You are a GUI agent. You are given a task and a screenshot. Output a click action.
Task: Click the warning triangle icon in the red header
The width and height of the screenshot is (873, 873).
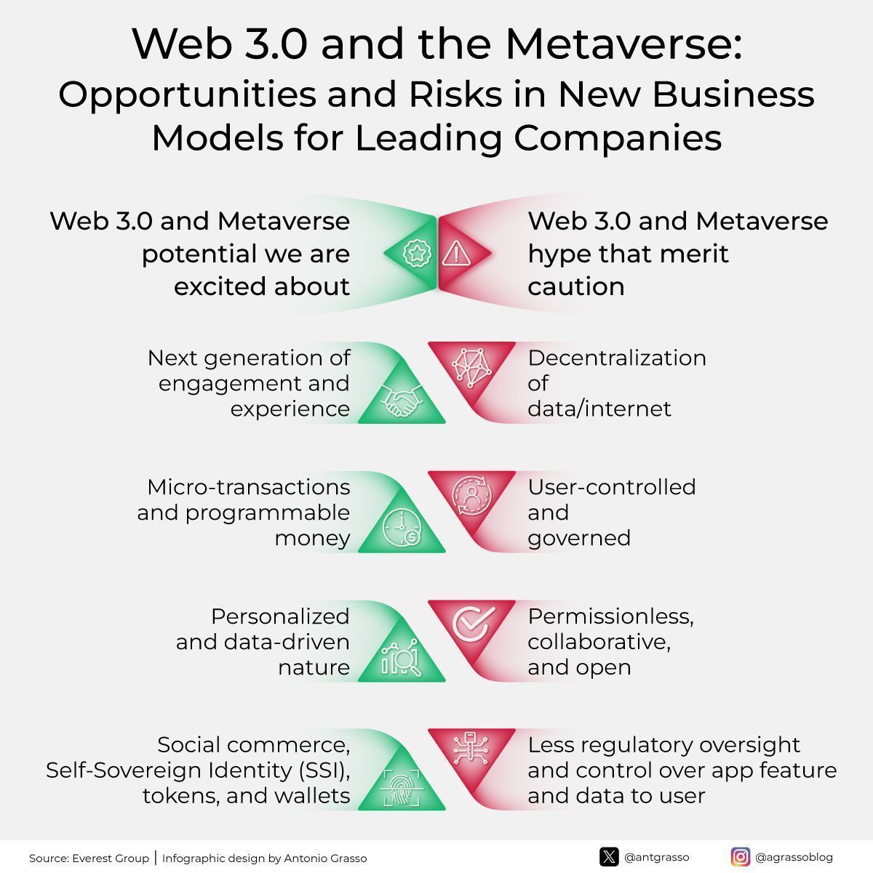pyautogui.click(x=456, y=253)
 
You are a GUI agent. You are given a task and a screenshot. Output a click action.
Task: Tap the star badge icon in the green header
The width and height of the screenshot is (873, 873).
pyautogui.click(x=416, y=253)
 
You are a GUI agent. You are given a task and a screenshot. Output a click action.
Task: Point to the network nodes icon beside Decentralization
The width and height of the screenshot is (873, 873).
pyautogui.click(x=472, y=367)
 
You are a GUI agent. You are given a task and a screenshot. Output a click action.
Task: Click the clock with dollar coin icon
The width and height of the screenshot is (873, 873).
pyautogui.click(x=402, y=527)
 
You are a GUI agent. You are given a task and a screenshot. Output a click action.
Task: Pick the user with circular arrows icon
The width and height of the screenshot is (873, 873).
pyautogui.click(x=471, y=496)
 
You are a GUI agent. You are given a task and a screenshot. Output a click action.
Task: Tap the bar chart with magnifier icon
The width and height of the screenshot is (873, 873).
pyautogui.click(x=401, y=657)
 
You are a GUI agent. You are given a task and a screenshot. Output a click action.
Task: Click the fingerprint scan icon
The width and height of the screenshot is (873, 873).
pyautogui.click(x=402, y=788)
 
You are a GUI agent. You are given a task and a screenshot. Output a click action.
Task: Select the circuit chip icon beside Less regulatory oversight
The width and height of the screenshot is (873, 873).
pyautogui.click(x=471, y=749)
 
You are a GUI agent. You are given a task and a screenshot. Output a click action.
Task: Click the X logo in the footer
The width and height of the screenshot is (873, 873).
pyautogui.click(x=609, y=857)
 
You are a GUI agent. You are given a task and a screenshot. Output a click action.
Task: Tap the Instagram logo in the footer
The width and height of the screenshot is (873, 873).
pyautogui.click(x=740, y=857)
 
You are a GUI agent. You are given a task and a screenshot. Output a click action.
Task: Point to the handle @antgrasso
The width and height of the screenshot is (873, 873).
pyautogui.click(x=657, y=857)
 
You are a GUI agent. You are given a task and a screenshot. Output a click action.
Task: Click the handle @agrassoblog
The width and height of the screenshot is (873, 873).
pyautogui.click(x=794, y=857)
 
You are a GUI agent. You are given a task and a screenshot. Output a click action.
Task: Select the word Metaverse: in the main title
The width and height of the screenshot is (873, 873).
pyautogui.click(x=623, y=44)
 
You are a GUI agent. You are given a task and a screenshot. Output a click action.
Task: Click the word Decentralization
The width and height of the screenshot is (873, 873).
pyautogui.click(x=617, y=358)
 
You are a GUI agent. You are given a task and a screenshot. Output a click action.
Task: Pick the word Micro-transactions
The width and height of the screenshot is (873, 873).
pyautogui.click(x=249, y=487)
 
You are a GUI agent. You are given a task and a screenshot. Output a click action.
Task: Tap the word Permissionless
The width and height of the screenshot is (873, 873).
pyautogui.click(x=610, y=616)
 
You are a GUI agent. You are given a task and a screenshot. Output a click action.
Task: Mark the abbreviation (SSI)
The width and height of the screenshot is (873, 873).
pyautogui.click(x=325, y=771)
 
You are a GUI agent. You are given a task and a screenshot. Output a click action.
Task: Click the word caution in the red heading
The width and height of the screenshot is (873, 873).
pyautogui.click(x=576, y=286)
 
